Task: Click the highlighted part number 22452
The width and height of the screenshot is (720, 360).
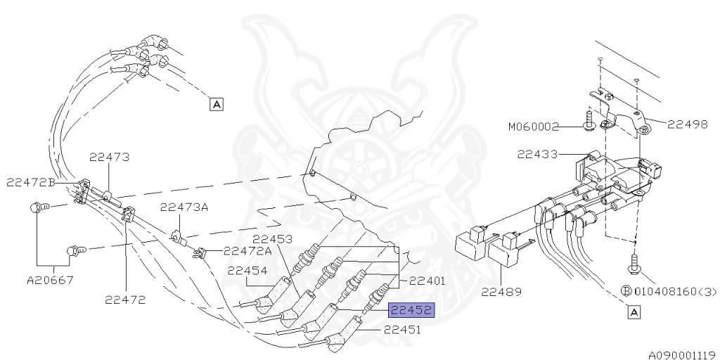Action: pyautogui.click(x=411, y=311)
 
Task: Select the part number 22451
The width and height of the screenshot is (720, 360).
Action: pyautogui.click(x=402, y=330)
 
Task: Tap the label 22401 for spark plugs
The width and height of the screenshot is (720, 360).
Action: pyautogui.click(x=427, y=281)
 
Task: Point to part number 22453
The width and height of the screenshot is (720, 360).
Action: pyautogui.click(x=272, y=240)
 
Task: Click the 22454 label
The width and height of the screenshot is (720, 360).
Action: pyautogui.click(x=247, y=271)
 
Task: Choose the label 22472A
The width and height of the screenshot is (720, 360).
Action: pyautogui.click(x=247, y=251)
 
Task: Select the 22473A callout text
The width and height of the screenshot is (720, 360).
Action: pyautogui.click(x=184, y=207)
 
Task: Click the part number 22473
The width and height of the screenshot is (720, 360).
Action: pyautogui.click(x=109, y=157)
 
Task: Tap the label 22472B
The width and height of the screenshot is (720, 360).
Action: pyautogui.click(x=31, y=183)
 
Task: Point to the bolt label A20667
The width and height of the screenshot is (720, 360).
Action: pyautogui.click(x=50, y=280)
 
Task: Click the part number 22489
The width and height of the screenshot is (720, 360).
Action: pyautogui.click(x=501, y=292)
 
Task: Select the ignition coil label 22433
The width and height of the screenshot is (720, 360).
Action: pyautogui.click(x=537, y=155)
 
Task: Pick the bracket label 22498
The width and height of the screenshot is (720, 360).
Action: pyautogui.click(x=688, y=124)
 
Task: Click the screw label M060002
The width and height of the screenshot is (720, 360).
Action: pyautogui.click(x=534, y=127)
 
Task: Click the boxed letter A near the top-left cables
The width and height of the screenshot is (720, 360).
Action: pyautogui.click(x=216, y=104)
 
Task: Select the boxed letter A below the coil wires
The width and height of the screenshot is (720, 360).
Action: pyautogui.click(x=634, y=313)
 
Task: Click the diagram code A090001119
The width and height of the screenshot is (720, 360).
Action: pyautogui.click(x=683, y=355)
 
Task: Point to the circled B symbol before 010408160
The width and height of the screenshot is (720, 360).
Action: pyautogui.click(x=626, y=292)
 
